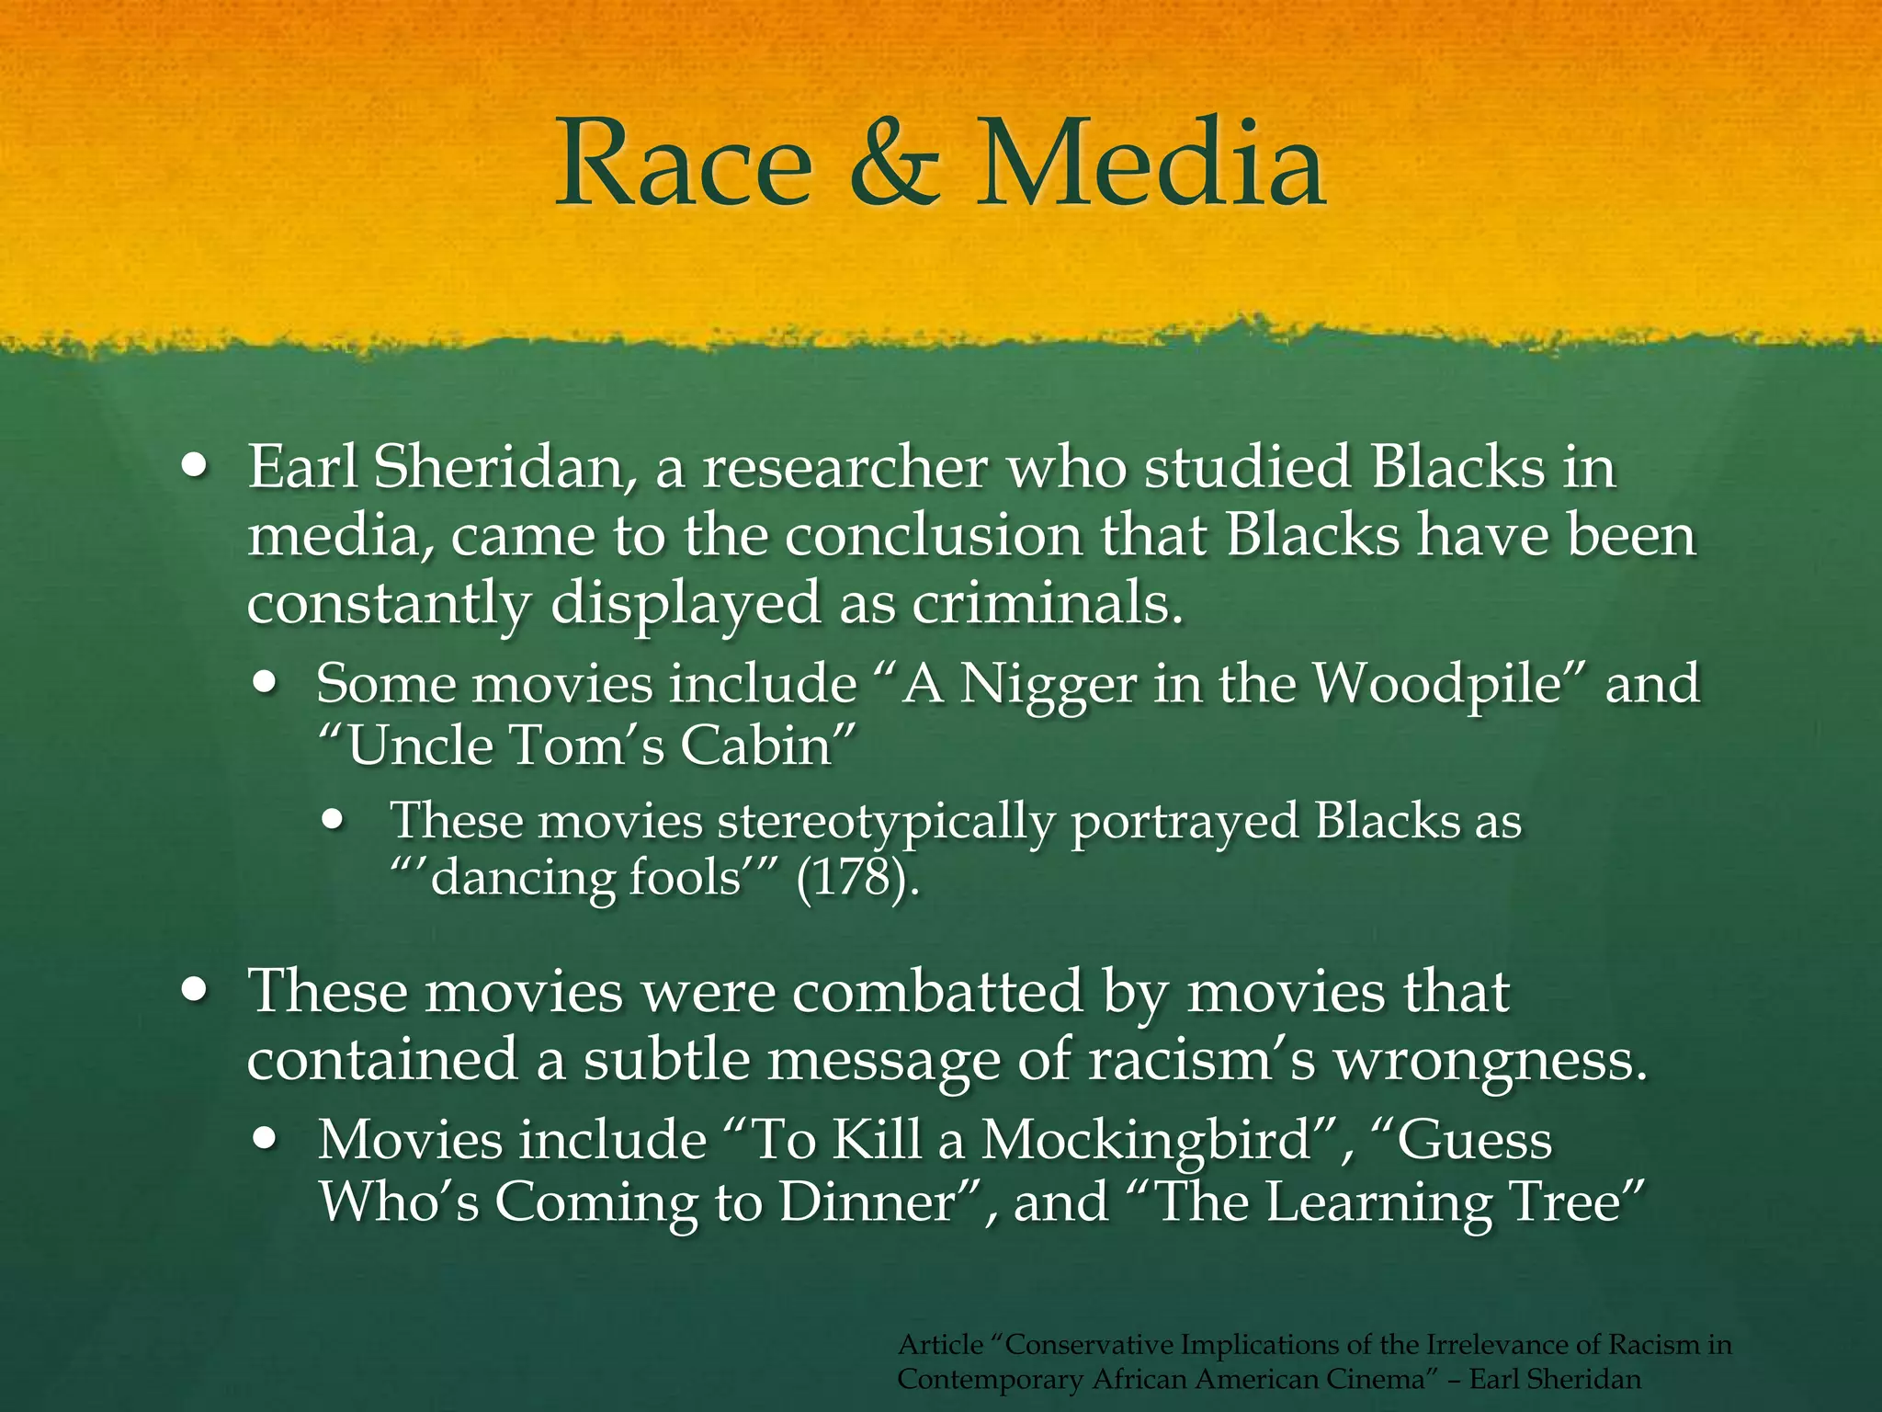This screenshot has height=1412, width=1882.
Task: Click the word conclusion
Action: click(933, 536)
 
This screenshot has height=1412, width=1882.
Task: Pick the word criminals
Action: click(1042, 605)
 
